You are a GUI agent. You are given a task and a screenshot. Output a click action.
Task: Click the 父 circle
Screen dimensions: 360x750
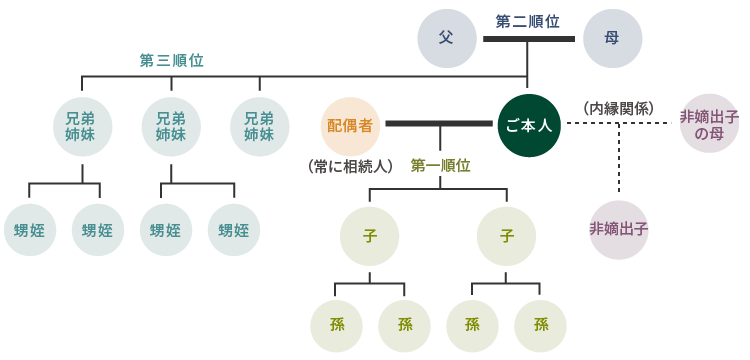(447, 38)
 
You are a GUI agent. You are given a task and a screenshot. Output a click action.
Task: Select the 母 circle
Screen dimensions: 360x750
(612, 38)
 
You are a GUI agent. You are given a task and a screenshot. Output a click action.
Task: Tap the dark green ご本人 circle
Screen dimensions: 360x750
(529, 125)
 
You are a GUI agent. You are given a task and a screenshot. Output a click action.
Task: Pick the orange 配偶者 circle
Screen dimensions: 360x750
(350, 125)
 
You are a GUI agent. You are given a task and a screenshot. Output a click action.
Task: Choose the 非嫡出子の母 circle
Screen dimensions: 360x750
(709, 124)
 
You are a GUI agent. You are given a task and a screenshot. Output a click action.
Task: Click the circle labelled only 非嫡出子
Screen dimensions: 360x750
(619, 230)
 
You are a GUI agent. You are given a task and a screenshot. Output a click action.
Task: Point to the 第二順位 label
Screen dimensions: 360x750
(528, 20)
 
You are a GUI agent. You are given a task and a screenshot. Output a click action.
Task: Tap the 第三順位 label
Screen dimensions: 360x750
(171, 60)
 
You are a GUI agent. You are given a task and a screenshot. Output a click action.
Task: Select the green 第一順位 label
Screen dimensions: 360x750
(440, 165)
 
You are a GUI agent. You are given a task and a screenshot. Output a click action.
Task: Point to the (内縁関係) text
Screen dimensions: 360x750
(617, 107)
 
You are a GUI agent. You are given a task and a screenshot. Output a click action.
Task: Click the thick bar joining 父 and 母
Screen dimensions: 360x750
(529, 39)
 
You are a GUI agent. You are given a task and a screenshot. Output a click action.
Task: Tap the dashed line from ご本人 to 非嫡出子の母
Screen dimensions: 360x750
(620, 123)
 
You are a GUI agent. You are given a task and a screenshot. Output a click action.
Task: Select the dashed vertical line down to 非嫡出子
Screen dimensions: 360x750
(619, 160)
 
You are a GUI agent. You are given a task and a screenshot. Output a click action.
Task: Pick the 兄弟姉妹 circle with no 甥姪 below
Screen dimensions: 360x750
(260, 126)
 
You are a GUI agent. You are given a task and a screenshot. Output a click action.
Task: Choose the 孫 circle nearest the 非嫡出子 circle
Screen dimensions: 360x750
(541, 325)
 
